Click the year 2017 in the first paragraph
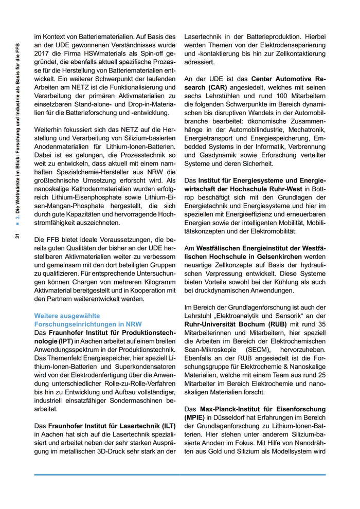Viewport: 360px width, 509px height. (x=42, y=53)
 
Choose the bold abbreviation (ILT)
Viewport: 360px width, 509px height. (x=166, y=426)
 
